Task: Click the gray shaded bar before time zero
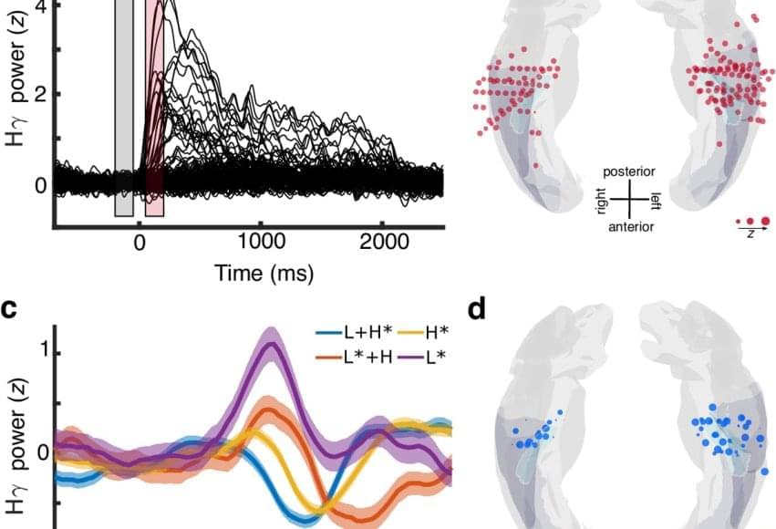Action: tap(124, 109)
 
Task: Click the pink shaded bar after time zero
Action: tap(155, 109)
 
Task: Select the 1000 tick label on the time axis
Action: tap(261, 243)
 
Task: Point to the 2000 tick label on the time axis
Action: tap(382, 243)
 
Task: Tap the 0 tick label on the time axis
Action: tap(140, 243)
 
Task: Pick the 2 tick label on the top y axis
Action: tap(39, 95)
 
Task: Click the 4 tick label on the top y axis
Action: tap(39, 5)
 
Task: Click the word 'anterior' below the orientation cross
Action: tap(630, 226)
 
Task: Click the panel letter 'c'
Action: tap(8, 309)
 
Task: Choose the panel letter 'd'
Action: tap(477, 309)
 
